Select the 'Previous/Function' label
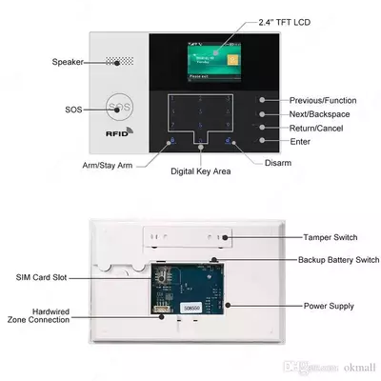point(324,99)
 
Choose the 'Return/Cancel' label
point(316,127)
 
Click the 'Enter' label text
point(301,141)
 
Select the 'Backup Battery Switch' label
point(328,259)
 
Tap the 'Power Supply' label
point(329,306)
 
